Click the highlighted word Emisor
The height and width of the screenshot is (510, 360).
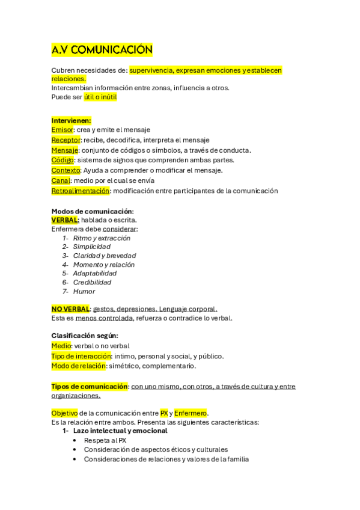click(x=63, y=129)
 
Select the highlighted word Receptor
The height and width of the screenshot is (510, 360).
click(x=66, y=140)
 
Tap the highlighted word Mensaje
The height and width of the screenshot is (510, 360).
click(x=64, y=150)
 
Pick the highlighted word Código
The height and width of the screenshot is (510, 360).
click(x=63, y=160)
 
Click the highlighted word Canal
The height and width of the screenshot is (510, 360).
click(x=61, y=180)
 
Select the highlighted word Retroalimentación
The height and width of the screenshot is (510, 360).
click(x=81, y=191)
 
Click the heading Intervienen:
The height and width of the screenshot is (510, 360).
click(x=71, y=120)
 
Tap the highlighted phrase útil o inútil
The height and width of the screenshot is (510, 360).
click(x=100, y=97)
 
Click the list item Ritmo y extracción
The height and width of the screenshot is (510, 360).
click(x=102, y=238)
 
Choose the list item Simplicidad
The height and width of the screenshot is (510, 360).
click(x=91, y=247)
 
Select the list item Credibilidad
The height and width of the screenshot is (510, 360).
click(x=92, y=282)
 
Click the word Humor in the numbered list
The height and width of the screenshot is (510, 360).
click(x=84, y=291)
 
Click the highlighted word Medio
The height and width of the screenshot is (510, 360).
click(x=61, y=346)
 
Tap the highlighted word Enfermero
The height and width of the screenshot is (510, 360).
click(x=190, y=413)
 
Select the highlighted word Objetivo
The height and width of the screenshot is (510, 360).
click(x=64, y=413)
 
